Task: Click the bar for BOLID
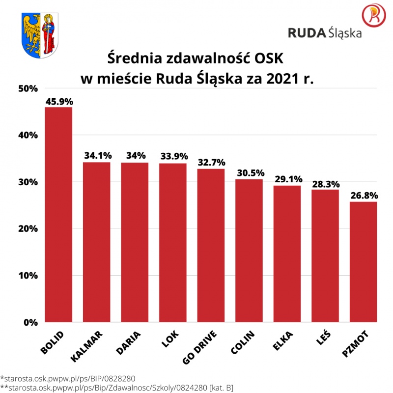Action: click(58, 215)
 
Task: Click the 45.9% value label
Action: click(59, 102)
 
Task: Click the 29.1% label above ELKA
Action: click(287, 180)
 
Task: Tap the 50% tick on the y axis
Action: click(28, 89)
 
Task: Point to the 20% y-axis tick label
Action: click(28, 229)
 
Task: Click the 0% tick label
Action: click(30, 323)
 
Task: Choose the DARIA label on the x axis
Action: click(129, 342)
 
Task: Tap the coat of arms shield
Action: click(40, 34)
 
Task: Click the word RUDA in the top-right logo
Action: click(307, 33)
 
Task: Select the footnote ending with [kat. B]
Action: click(117, 388)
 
